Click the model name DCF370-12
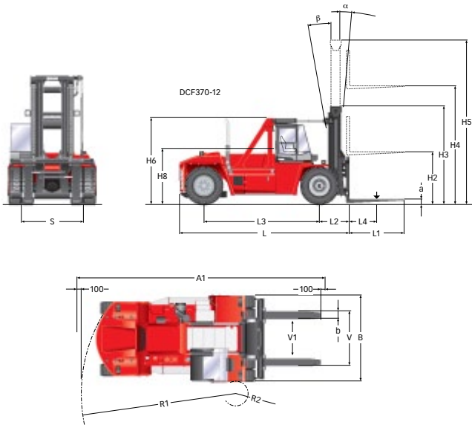tap(200, 92)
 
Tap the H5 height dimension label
tap(466, 122)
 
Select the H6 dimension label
tap(151, 160)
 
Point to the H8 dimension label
tap(163, 176)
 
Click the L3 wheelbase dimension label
tap(261, 222)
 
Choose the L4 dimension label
tap(363, 222)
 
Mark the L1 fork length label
tap(376, 233)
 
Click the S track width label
tap(52, 222)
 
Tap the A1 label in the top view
tap(201, 278)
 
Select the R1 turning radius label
tap(164, 404)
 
